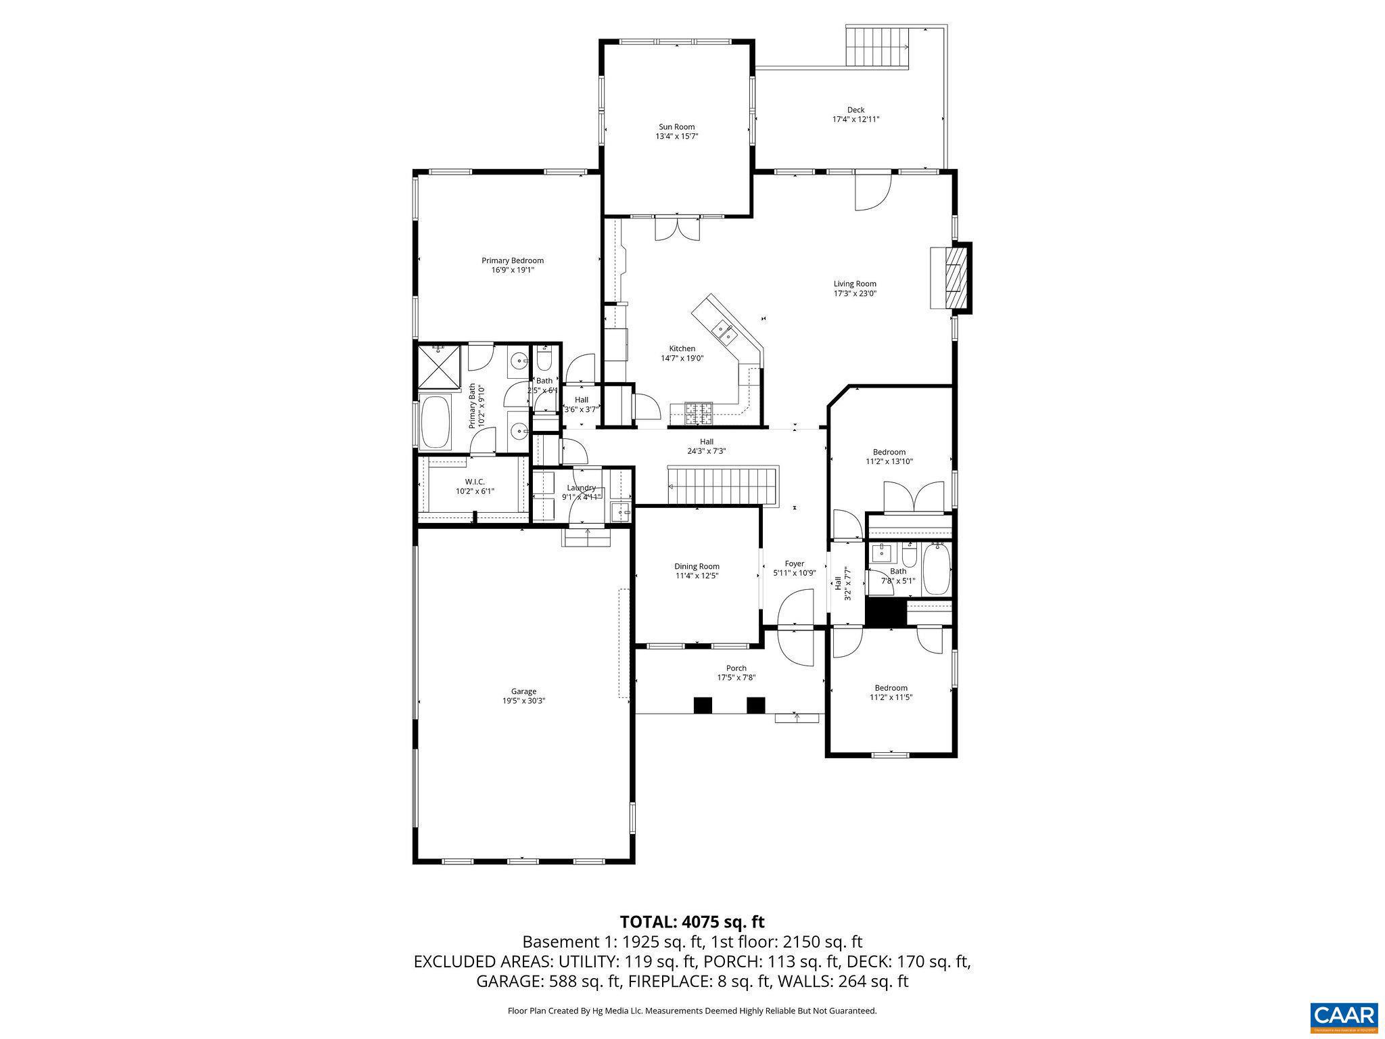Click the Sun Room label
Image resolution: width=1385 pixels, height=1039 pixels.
pos(676,126)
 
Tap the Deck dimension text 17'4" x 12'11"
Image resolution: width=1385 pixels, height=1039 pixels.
pos(855,119)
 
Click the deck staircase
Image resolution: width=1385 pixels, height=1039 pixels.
pos(877,47)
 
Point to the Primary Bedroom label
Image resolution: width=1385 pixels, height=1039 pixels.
pos(512,260)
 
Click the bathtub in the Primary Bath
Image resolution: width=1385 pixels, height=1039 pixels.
pos(436,423)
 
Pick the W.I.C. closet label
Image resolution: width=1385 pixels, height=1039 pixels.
pos(475,482)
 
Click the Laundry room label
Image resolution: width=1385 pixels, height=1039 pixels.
pos(581,488)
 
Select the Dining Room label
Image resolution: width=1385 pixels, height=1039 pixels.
pos(697,566)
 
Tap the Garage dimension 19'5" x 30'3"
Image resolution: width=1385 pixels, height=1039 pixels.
pos(523,701)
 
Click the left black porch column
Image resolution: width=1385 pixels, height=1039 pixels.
pos(703,705)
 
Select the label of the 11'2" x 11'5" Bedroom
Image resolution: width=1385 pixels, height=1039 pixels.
pos(891,688)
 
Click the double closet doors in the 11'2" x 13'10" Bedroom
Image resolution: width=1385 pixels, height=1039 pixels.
pos(914,497)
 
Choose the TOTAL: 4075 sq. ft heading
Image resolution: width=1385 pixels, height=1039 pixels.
pos(692,921)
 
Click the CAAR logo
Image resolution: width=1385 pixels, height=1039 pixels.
pos(1343,1017)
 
